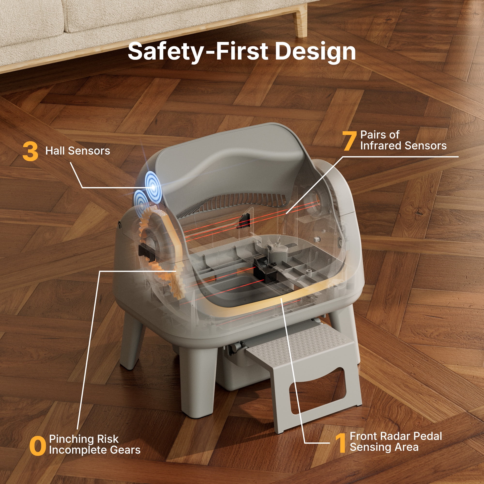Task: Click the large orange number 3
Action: [x=30, y=151]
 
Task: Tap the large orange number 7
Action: [x=350, y=141]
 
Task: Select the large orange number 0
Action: [x=38, y=445]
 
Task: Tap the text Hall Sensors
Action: [x=78, y=151]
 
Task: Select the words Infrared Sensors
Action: [x=403, y=145]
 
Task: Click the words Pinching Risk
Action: [x=84, y=439]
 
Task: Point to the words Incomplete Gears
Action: [x=95, y=450]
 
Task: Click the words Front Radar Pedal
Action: [x=396, y=436]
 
